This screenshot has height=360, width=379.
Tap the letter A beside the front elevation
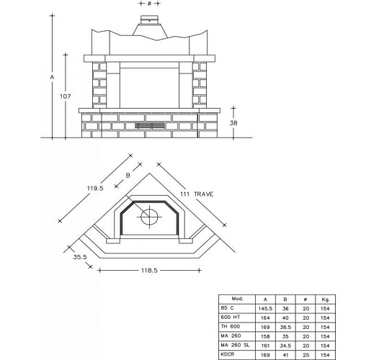[51, 76]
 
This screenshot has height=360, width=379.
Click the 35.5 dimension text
[79, 256]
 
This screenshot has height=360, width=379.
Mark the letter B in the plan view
[128, 174]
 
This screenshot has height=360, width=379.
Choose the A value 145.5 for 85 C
[266, 307]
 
